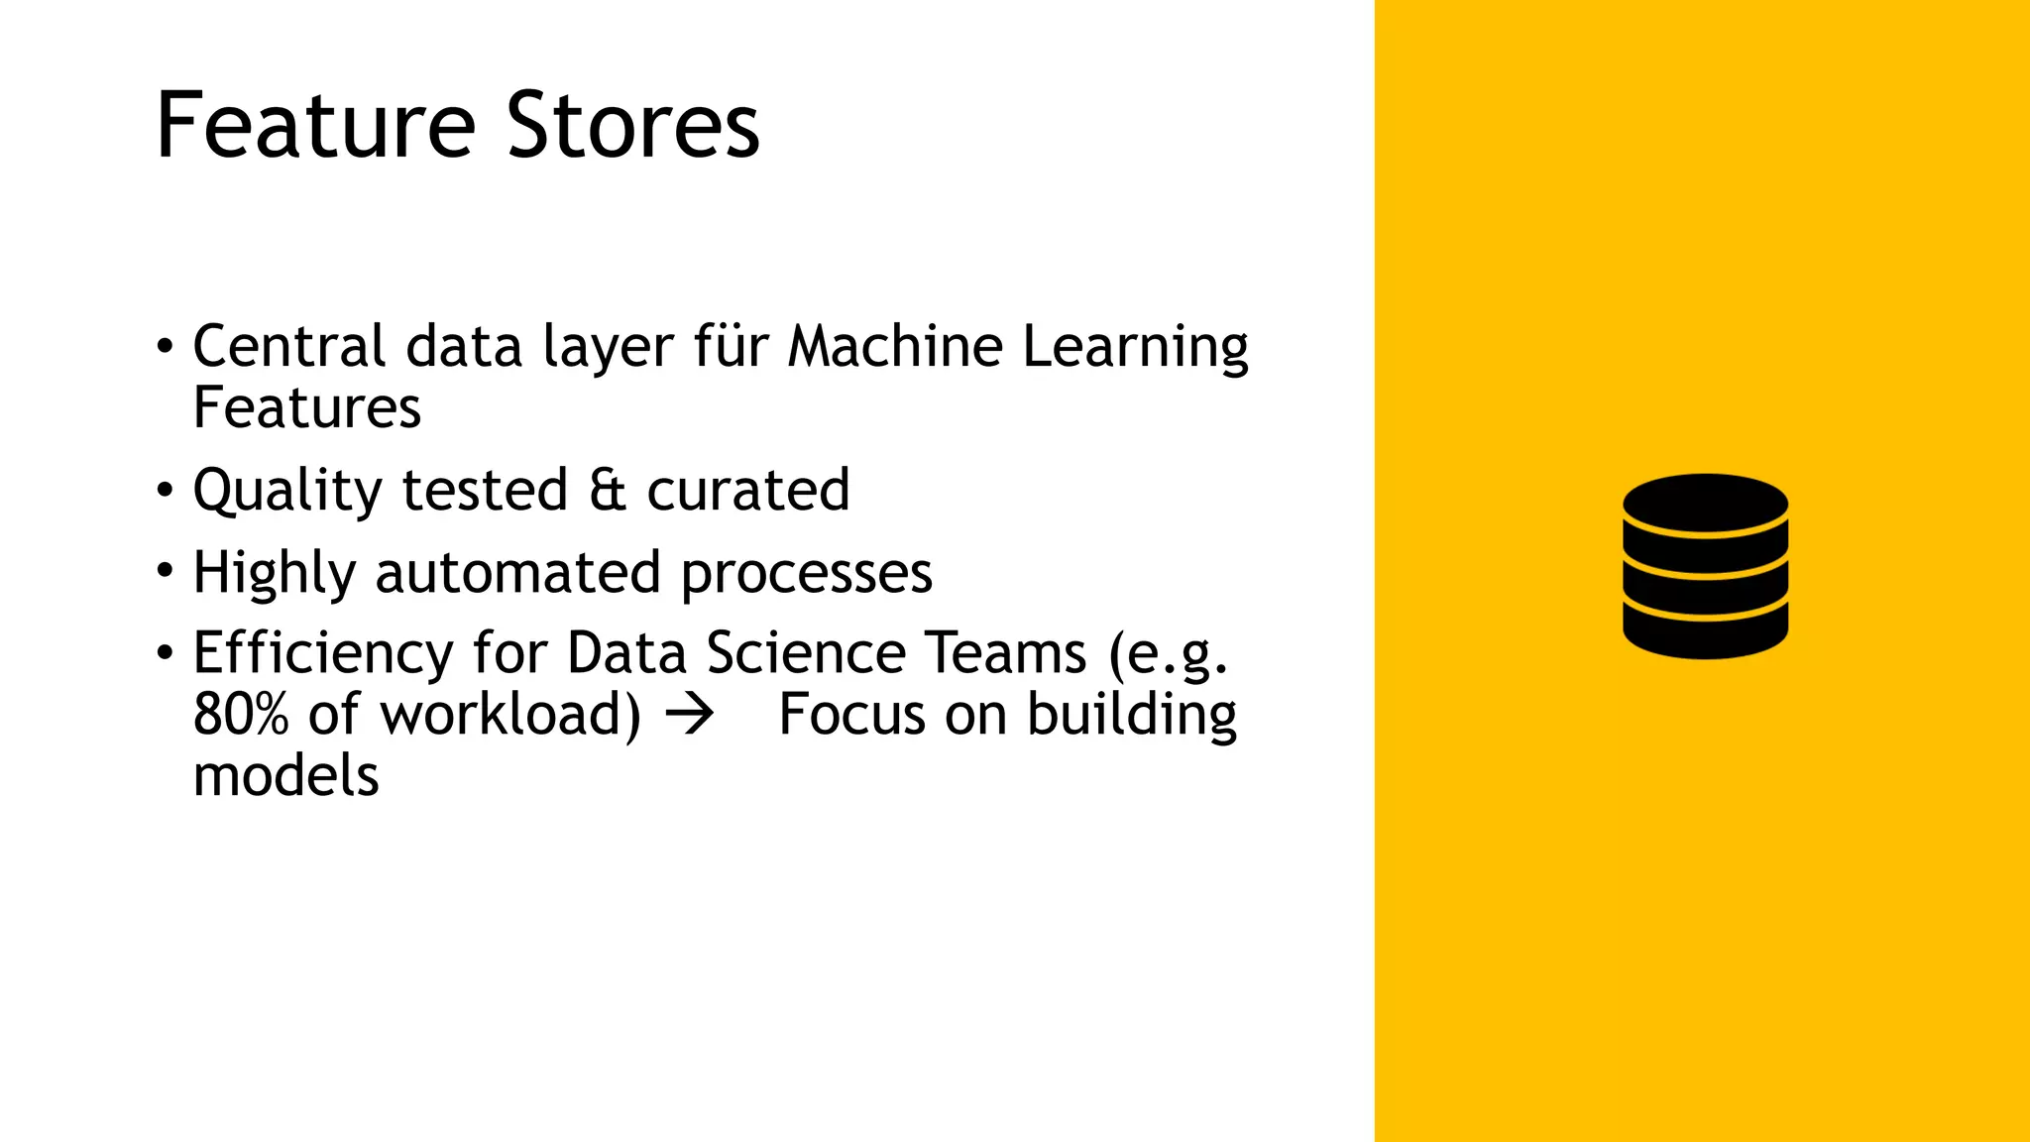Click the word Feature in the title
(315, 126)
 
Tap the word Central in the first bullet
(288, 346)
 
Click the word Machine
(895, 346)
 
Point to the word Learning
(1135, 348)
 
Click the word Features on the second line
(307, 407)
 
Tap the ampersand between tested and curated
(608, 490)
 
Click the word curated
(748, 490)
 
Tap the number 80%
(241, 715)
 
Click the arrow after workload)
(689, 715)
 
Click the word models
(286, 776)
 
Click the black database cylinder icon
(1705, 566)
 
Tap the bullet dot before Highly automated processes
(165, 572)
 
